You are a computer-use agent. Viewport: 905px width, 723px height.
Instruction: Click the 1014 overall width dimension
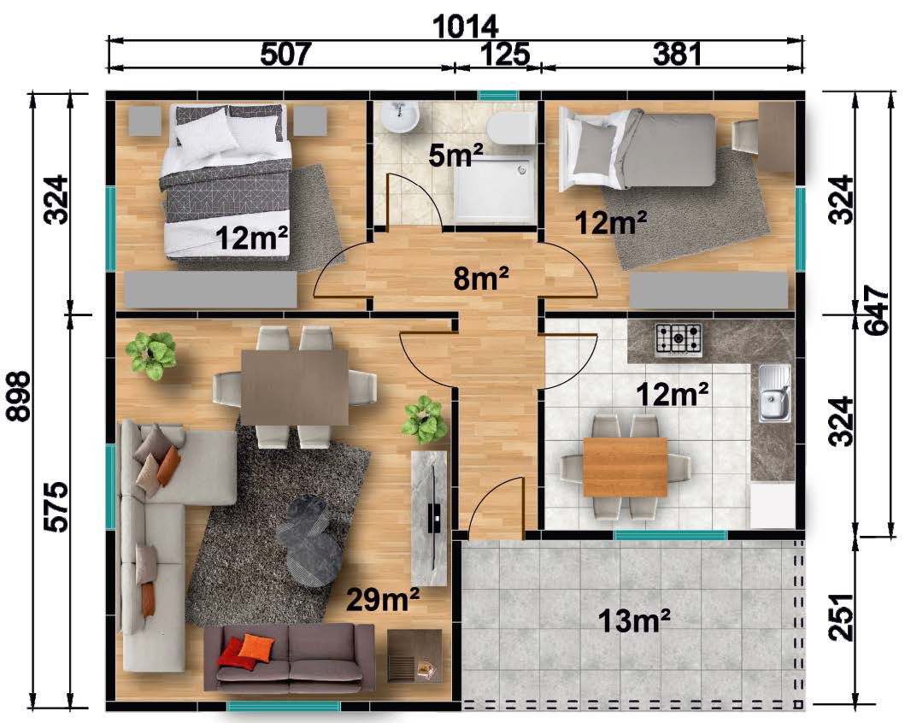pyautogui.click(x=465, y=26)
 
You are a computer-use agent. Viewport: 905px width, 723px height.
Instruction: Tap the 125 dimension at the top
pyautogui.click(x=504, y=54)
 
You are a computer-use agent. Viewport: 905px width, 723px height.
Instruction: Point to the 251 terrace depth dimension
pyautogui.click(x=841, y=617)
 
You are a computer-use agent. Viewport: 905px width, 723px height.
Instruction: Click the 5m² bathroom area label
pyautogui.click(x=455, y=155)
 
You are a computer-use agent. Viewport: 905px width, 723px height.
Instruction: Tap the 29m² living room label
pyautogui.click(x=383, y=600)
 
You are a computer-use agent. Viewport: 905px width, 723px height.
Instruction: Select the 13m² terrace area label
pyautogui.click(x=634, y=620)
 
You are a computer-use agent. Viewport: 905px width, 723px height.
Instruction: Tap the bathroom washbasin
pyautogui.click(x=399, y=116)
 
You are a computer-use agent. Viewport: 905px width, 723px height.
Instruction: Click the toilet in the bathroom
pyautogui.click(x=511, y=127)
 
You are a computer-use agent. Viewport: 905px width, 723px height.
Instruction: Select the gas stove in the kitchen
pyautogui.click(x=679, y=338)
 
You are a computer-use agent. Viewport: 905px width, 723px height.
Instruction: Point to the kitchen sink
pyautogui.click(x=774, y=393)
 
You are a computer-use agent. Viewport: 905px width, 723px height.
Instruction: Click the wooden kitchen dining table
pyautogui.click(x=625, y=467)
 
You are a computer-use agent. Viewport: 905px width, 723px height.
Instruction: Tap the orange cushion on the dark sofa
pyautogui.click(x=256, y=648)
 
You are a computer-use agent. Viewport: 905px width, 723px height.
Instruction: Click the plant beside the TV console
pyautogui.click(x=425, y=420)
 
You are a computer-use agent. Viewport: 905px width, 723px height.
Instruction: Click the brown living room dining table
pyautogui.click(x=294, y=387)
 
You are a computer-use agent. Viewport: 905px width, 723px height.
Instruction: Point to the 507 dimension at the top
pyautogui.click(x=285, y=54)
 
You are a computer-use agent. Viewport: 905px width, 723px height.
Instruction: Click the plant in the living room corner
pyautogui.click(x=150, y=356)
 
